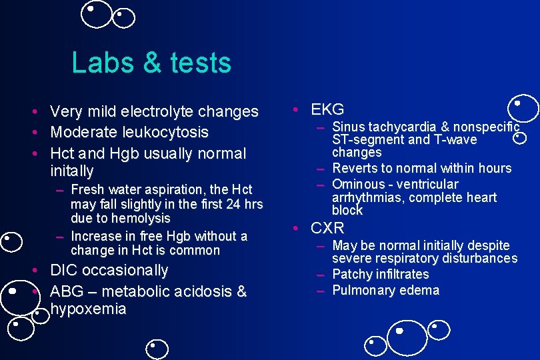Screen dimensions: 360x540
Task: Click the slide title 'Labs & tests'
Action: point(151,63)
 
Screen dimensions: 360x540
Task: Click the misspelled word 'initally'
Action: point(72,171)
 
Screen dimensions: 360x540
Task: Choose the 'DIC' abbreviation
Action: point(65,270)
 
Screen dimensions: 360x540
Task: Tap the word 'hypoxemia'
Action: point(88,309)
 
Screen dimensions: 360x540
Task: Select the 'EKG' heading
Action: point(327,109)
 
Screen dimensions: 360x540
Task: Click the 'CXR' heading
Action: point(327,228)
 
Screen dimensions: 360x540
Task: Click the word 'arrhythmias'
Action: point(365,197)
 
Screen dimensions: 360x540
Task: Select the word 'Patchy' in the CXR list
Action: point(351,274)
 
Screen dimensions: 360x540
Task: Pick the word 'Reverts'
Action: point(355,168)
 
